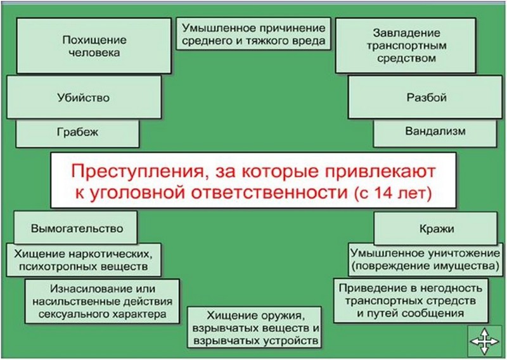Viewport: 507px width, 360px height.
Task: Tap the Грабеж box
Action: (77, 133)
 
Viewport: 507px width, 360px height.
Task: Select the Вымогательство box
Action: (76, 228)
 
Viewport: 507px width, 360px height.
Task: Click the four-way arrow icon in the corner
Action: (484, 343)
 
